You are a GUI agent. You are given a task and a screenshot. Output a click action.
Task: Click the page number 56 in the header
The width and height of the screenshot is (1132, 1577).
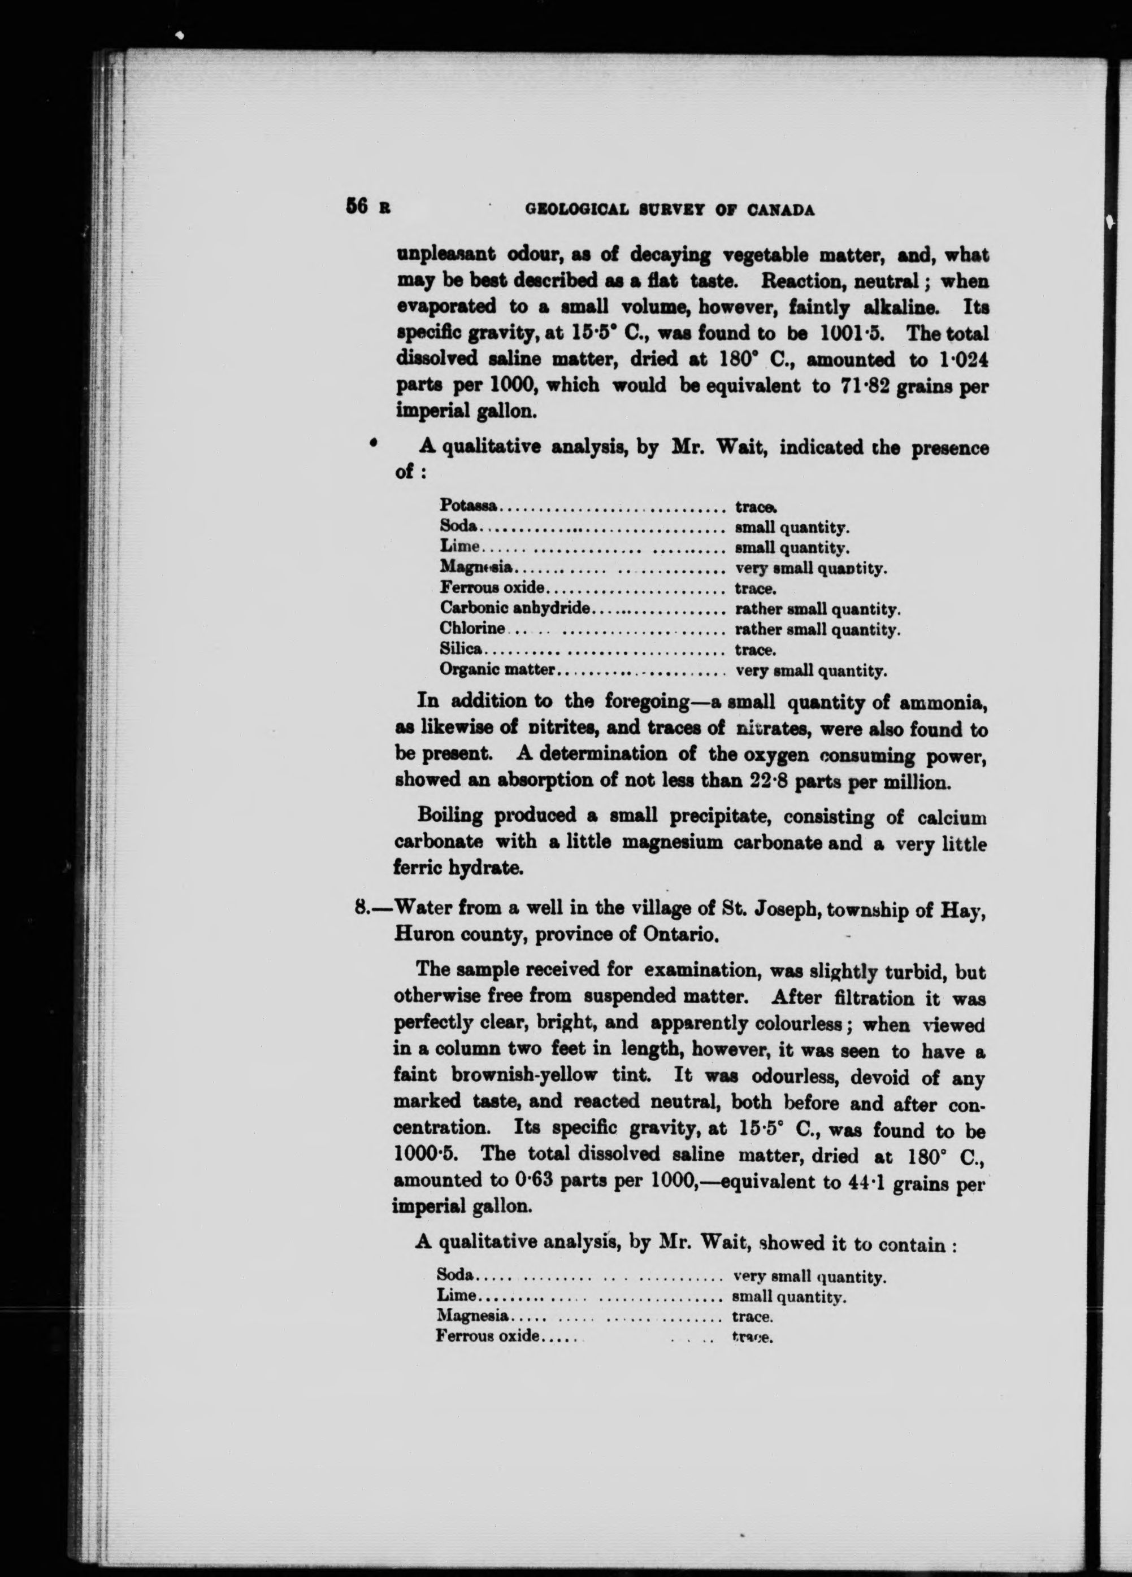pos(355,207)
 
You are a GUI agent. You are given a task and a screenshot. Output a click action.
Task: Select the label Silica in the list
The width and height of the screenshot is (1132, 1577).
pos(461,650)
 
